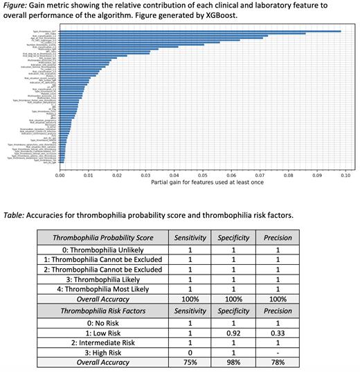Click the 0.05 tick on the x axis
tap(202, 176)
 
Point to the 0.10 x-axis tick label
tap(345, 176)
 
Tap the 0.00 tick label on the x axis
tap(60, 176)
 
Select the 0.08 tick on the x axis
tap(288, 176)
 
